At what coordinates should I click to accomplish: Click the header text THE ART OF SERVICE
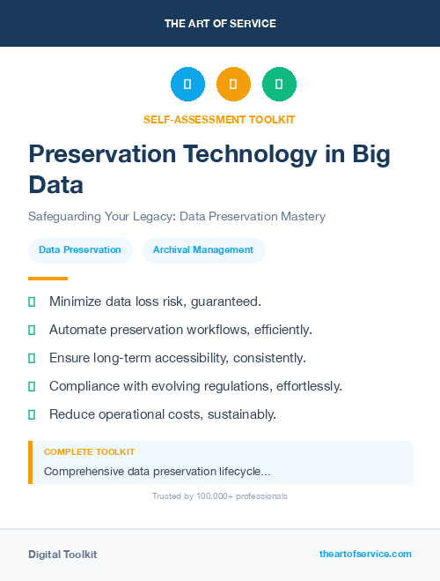(x=220, y=24)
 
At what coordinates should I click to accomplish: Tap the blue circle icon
(x=187, y=85)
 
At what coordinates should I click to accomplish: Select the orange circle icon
(x=233, y=85)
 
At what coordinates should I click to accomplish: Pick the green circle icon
(x=279, y=85)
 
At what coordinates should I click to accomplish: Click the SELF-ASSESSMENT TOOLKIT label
(x=219, y=119)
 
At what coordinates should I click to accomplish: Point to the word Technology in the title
(x=249, y=154)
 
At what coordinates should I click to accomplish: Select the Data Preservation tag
(x=80, y=250)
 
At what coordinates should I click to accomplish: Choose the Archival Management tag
(x=203, y=250)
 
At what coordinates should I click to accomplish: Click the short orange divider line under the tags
(x=48, y=279)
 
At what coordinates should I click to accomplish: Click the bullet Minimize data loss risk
(x=155, y=302)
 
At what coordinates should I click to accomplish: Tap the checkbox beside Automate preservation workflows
(x=32, y=331)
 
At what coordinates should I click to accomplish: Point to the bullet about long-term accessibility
(x=177, y=358)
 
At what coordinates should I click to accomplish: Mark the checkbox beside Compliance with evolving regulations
(x=32, y=387)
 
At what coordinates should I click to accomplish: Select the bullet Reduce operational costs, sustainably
(x=163, y=414)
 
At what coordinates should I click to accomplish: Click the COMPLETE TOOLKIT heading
(x=89, y=451)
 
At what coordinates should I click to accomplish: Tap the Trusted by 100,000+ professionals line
(x=219, y=496)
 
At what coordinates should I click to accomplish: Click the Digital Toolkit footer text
(x=62, y=555)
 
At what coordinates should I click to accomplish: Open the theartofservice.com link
(x=365, y=554)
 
